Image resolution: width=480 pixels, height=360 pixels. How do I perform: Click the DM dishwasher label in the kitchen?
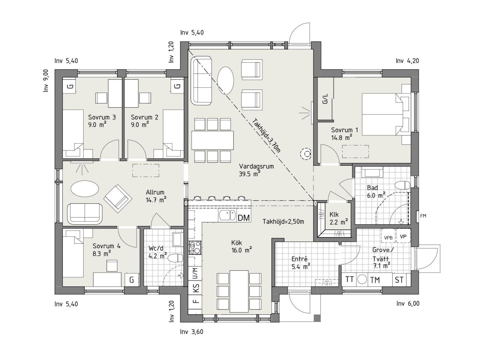click(244, 218)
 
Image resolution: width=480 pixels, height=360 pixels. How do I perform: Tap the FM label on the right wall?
click(423, 216)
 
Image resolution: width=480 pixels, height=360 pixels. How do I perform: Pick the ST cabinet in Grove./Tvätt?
click(399, 280)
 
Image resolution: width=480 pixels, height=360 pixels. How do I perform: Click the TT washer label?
click(349, 279)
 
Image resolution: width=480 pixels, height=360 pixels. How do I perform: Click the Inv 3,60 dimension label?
click(192, 332)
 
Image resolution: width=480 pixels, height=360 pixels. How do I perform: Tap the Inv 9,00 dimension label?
click(46, 81)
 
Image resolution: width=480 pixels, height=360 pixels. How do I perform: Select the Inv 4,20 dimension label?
click(407, 61)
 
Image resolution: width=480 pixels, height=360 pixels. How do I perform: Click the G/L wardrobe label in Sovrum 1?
click(325, 99)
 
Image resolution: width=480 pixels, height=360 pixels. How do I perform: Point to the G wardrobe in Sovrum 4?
click(132, 280)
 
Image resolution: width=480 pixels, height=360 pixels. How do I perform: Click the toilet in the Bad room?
click(403, 185)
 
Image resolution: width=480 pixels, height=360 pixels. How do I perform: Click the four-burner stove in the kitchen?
click(195, 247)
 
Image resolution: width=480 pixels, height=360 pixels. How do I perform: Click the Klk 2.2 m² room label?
click(339, 219)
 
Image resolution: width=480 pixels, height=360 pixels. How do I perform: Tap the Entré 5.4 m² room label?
click(301, 263)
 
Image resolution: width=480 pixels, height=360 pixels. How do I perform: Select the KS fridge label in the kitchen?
click(196, 288)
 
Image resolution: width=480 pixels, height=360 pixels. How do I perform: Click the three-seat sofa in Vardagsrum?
click(201, 80)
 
